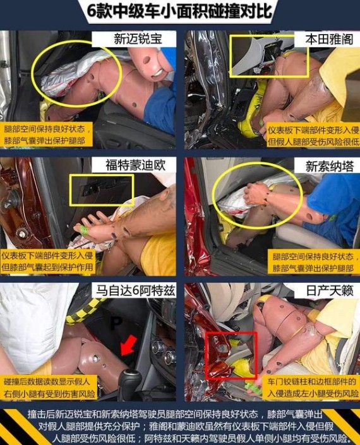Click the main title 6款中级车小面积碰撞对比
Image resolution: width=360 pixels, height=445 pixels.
click(179, 12)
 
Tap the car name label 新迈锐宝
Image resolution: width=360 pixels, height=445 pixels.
click(138, 39)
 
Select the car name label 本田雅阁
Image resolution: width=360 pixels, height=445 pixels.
click(329, 39)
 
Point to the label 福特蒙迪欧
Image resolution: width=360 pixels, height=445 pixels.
click(135, 165)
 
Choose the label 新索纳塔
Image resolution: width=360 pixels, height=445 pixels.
click(329, 166)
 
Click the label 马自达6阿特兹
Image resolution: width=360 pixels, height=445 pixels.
click(135, 290)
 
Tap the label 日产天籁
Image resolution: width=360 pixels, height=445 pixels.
click(329, 290)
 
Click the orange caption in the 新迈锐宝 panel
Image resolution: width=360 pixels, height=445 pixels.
click(47, 134)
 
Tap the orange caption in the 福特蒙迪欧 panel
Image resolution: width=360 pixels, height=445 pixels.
click(47, 261)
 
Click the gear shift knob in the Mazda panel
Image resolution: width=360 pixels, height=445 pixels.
click(129, 380)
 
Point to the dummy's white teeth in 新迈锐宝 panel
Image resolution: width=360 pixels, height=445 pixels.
click(157, 73)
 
